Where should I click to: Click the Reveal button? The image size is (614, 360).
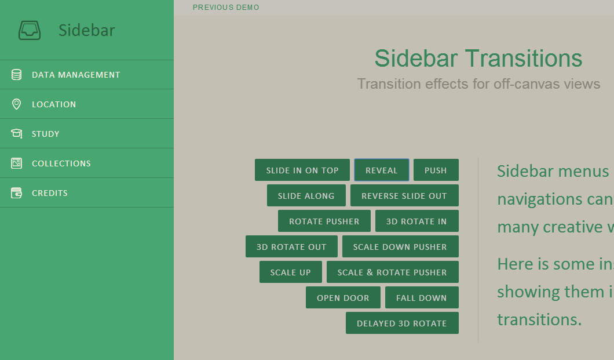tap(381, 170)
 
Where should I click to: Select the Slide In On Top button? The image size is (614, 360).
tap(302, 170)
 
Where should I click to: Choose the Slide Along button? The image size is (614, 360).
tap(306, 195)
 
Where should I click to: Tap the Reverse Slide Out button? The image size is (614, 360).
tap(404, 195)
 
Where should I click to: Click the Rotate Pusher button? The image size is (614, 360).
tap(324, 221)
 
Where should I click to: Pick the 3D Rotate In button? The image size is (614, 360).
tap(416, 221)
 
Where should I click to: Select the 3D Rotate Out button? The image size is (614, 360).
tap(291, 246)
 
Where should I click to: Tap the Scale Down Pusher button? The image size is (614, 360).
tap(400, 246)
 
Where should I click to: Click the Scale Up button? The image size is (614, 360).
tap(291, 272)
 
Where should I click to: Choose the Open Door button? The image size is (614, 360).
tap(343, 297)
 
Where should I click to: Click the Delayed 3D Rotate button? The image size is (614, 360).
tap(402, 323)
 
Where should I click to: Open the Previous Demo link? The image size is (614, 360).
tap(226, 8)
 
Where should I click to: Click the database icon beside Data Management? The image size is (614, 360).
tap(16, 74)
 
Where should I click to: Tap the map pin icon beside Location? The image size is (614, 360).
tap(16, 104)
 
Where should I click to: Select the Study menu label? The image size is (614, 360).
tap(45, 134)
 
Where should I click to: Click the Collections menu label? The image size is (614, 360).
tap(61, 163)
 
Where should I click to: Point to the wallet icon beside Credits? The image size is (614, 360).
tap(16, 192)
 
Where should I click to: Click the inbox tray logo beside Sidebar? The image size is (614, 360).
tap(30, 31)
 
